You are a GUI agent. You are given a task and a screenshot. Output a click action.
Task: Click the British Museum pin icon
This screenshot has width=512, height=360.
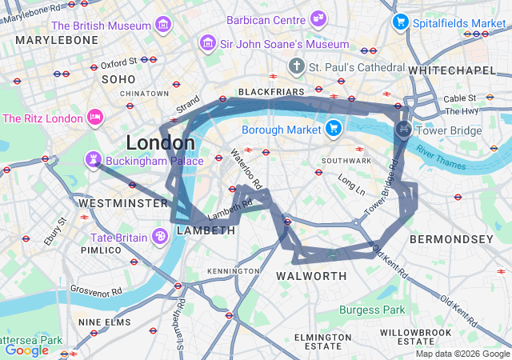(163, 25)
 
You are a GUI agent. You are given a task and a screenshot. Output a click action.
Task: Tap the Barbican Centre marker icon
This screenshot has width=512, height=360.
(318, 18)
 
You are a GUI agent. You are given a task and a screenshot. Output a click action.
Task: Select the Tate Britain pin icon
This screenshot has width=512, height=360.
(160, 237)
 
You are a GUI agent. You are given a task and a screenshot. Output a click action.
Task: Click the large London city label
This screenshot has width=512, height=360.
(160, 143)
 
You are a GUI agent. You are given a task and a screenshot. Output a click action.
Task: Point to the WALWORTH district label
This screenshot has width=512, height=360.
(311, 276)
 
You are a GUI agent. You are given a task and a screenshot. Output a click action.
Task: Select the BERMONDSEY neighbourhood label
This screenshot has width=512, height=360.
(451, 239)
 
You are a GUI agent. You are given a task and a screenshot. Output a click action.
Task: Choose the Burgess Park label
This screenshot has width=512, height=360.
(372, 310)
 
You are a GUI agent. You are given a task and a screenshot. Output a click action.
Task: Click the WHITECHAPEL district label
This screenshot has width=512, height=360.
(451, 71)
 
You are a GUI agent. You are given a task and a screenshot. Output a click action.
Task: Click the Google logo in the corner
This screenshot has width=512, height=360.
(26, 350)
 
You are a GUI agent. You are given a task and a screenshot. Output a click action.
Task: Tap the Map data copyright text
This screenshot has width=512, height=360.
(463, 354)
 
